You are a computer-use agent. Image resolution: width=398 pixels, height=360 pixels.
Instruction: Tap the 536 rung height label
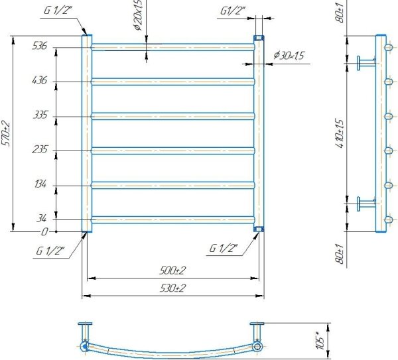coord(40,46)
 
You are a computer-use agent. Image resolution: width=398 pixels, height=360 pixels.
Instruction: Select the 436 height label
coord(40,80)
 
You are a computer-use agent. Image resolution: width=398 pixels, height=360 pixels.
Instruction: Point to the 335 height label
coord(40,115)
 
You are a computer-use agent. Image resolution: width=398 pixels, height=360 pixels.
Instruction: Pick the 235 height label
coord(40,149)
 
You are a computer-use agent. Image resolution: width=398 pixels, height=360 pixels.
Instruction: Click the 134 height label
coord(40,184)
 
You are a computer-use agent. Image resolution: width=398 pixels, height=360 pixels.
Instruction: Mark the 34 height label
coord(41,218)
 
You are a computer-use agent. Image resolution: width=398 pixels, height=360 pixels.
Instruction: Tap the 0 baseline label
coord(44,232)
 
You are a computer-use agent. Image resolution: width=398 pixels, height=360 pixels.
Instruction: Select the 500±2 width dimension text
coord(172,270)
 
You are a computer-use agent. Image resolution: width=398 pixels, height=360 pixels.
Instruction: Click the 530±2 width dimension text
coord(172,288)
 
